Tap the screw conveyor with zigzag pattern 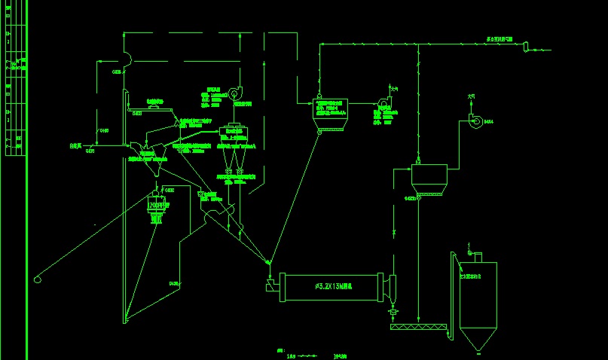[419, 328]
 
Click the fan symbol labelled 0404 [475, 121]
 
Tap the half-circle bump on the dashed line [129, 56]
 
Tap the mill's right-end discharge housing [391, 287]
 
